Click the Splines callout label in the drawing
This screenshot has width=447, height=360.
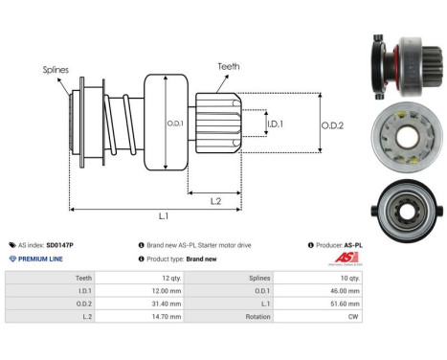pos(55,69)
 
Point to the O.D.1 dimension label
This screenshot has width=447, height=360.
pos(174,121)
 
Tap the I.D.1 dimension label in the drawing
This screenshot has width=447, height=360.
pos(276,124)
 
